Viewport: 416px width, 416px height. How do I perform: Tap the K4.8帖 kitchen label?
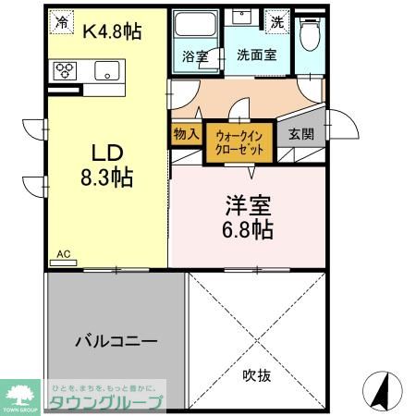(113, 31)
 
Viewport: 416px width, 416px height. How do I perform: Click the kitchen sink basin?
(106, 70)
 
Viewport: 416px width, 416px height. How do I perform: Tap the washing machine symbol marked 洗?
(276, 20)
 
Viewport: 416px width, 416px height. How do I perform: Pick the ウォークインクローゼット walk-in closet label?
(239, 142)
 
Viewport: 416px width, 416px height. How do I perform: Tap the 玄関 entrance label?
(300, 134)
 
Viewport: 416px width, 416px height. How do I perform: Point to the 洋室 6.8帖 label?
(246, 218)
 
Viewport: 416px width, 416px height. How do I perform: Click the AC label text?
(63, 252)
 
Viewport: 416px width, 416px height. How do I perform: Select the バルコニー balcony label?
(116, 340)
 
